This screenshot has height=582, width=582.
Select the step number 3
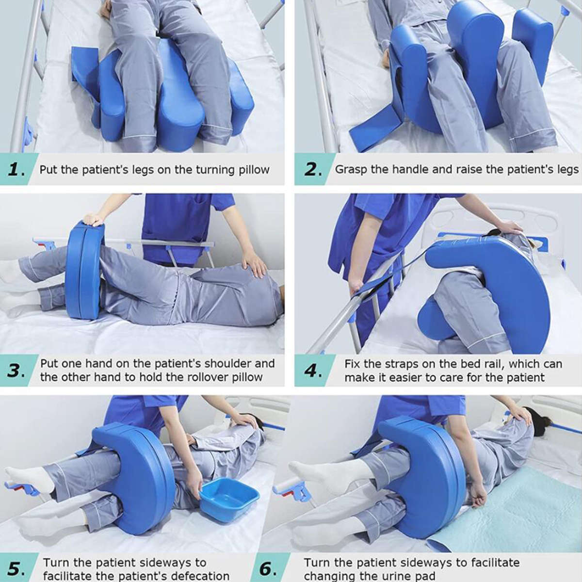pyautogui.click(x=16, y=371)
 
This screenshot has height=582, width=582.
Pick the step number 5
pyautogui.click(x=16, y=568)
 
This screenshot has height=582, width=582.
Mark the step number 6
pyautogui.click(x=267, y=568)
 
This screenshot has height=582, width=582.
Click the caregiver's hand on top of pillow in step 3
pyautogui.click(x=93, y=220)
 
